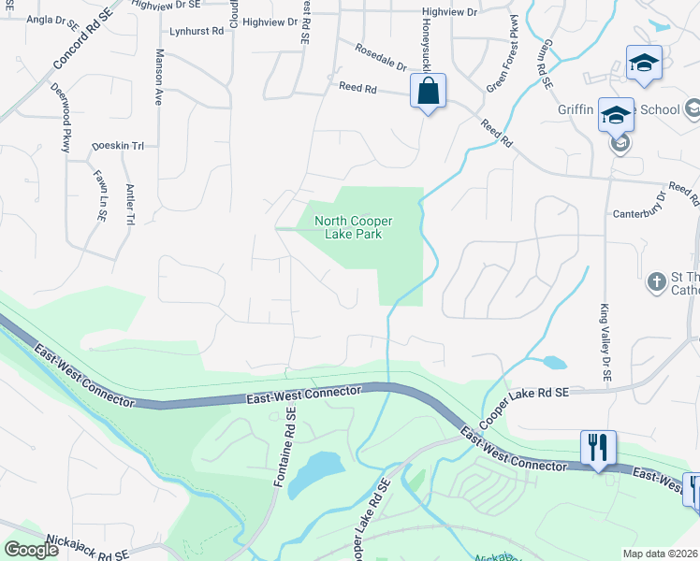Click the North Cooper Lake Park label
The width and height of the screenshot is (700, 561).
(353, 227)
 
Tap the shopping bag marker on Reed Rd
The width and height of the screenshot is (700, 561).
(428, 92)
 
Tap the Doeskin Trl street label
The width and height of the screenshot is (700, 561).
(118, 146)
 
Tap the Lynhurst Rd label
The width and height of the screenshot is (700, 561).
(197, 31)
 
